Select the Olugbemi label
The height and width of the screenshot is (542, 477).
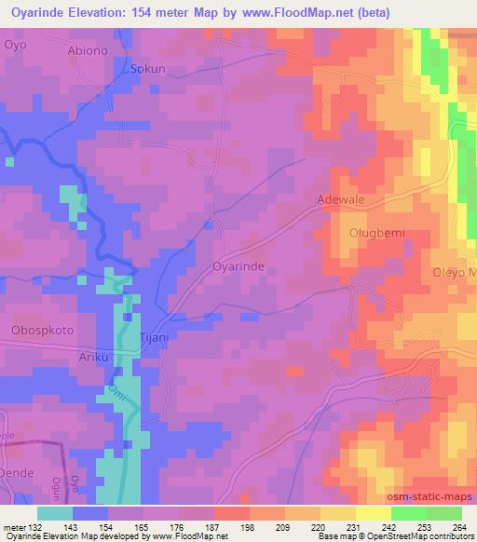[x=375, y=233]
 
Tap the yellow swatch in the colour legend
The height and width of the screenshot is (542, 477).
[x=373, y=513]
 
